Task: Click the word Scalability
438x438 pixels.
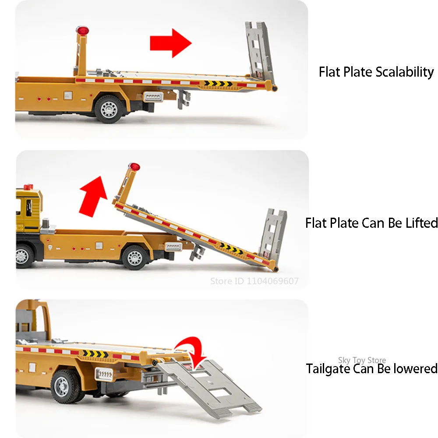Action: pos(405,72)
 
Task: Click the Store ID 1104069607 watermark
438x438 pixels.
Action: pos(254,281)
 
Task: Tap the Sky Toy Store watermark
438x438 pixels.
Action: pos(362,360)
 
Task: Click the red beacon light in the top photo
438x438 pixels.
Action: pos(82,31)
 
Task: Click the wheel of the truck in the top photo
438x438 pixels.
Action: pos(108,108)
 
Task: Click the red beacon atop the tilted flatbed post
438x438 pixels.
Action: pos(134,167)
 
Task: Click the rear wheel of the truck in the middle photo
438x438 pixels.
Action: pos(134,256)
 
